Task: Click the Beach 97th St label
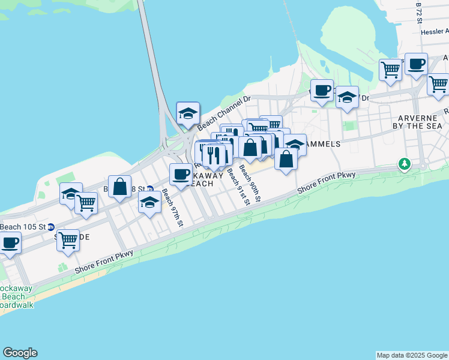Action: (172, 208)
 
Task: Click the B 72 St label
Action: (420, 12)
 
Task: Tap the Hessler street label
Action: (435, 32)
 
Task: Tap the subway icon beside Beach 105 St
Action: (51, 227)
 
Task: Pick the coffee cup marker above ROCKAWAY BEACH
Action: (181, 175)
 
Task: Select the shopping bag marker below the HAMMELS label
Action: (286, 159)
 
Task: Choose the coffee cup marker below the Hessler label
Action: (415, 64)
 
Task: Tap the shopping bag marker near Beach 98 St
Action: (120, 186)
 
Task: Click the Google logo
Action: (20, 353)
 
